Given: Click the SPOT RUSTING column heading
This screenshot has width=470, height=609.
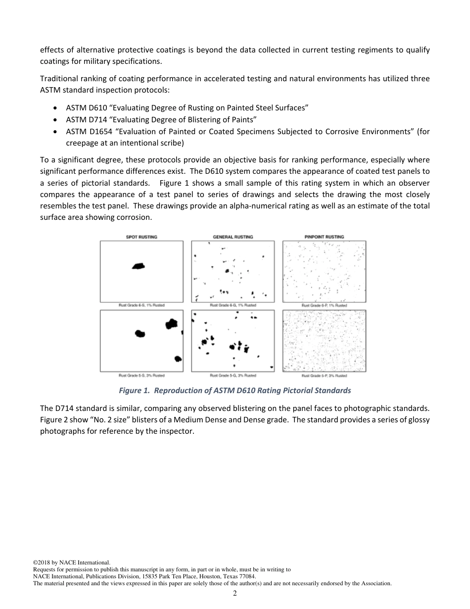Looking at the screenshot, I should (141, 237).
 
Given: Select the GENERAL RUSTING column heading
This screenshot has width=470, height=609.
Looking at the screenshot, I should (233, 237).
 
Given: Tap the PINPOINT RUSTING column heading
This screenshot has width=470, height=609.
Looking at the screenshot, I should (324, 237).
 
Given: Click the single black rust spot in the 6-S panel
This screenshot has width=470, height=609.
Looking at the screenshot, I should (139, 266).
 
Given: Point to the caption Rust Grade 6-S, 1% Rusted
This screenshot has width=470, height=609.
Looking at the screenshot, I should (141, 305).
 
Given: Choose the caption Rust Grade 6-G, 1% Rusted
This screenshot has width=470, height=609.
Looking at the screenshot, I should (233, 305).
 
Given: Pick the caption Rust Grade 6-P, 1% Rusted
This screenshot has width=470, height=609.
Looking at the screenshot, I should (324, 305).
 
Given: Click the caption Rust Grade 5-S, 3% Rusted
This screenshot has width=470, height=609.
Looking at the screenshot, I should (141, 376).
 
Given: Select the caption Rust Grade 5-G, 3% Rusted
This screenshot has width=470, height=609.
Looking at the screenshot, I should (233, 376).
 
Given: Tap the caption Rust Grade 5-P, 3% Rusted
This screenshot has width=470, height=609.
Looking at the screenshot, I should (324, 376).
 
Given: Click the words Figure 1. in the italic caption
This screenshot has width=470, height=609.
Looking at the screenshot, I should (134, 391).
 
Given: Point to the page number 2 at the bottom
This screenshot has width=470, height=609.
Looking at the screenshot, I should (235, 594).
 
